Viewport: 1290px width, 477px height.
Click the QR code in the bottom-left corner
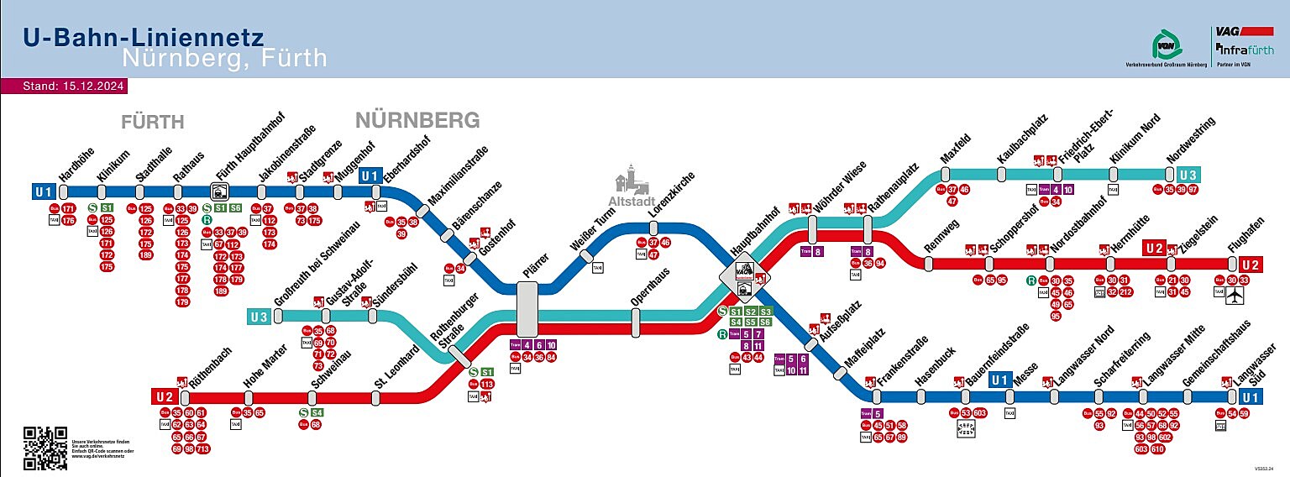[x=45, y=448]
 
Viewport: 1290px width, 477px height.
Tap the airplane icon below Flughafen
[x=1235, y=296]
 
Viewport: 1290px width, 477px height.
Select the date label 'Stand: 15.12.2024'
[x=63, y=86]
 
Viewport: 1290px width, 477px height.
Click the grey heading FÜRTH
[x=152, y=123]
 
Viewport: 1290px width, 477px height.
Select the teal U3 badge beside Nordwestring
[x=1188, y=175]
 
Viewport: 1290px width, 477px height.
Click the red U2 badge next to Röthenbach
[x=164, y=396]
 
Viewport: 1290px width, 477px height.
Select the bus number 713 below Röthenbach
[x=202, y=449]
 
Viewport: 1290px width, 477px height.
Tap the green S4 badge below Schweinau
[x=317, y=412]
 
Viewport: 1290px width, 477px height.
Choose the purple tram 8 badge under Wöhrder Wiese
[x=818, y=251]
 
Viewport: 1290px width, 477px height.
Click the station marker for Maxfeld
[x=941, y=174]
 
